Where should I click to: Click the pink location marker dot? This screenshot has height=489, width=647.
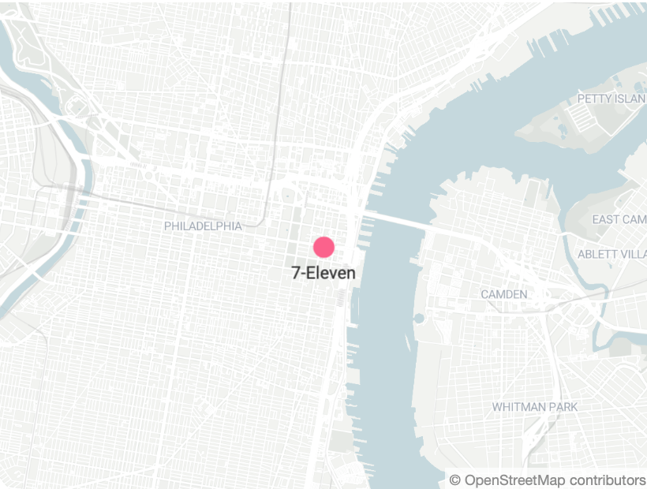[x=324, y=247]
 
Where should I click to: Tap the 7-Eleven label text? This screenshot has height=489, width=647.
[x=323, y=274]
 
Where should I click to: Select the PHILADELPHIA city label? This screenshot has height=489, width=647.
[x=203, y=226]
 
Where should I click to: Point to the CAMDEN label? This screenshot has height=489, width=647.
[x=504, y=294]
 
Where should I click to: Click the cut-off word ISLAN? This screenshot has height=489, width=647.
[x=632, y=99]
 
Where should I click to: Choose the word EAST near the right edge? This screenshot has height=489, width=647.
[x=607, y=219]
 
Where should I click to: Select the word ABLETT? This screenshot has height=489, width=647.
[x=600, y=254]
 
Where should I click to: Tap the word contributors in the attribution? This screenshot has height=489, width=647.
[x=607, y=480]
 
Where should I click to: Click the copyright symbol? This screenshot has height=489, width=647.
[x=454, y=480]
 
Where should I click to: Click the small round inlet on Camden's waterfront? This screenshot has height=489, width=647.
[x=419, y=319]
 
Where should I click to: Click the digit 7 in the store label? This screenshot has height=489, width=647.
[x=296, y=274]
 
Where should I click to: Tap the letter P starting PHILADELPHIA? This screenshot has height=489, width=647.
[x=168, y=226]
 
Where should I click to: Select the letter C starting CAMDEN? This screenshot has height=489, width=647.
[x=485, y=294]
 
